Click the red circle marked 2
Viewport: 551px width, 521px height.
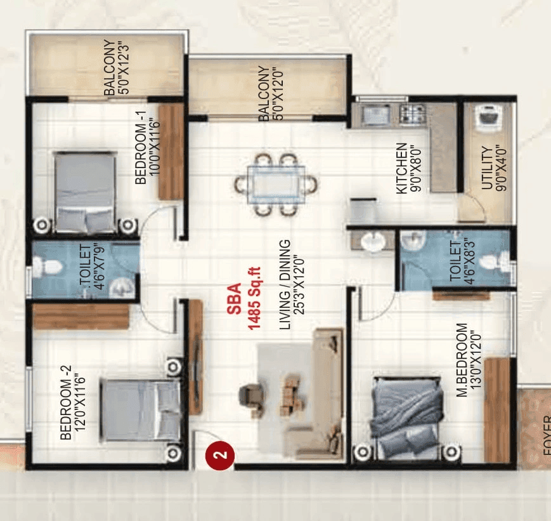point(220,455)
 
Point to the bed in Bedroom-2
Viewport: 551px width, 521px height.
point(140,409)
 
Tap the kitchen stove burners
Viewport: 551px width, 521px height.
point(412,114)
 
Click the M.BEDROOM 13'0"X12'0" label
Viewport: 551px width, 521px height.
point(469,360)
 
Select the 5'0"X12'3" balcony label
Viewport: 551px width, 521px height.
point(117,69)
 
